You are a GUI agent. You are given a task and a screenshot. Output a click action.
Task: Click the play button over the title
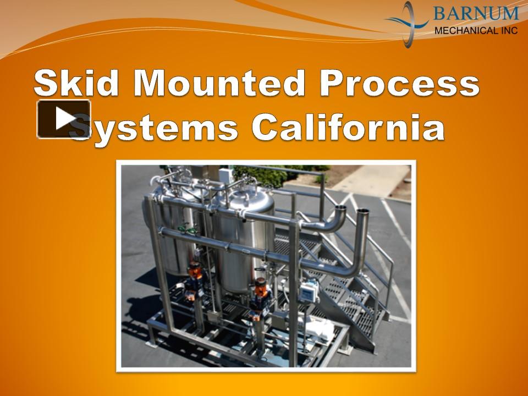pyautogui.click(x=64, y=119)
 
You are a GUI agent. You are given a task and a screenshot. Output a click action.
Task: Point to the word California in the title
pyautogui.click(x=348, y=128)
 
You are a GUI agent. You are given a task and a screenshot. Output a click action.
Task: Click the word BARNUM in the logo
pyautogui.click(x=475, y=13)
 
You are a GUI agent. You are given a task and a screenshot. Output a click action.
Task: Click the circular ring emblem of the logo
pyautogui.click(x=408, y=23)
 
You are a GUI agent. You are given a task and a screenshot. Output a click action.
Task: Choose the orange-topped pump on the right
pyautogui.click(x=260, y=290)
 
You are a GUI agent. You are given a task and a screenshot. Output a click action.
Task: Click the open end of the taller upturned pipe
pyautogui.click(x=362, y=213)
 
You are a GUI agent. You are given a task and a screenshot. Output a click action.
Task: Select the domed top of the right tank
pyautogui.click(x=251, y=196)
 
